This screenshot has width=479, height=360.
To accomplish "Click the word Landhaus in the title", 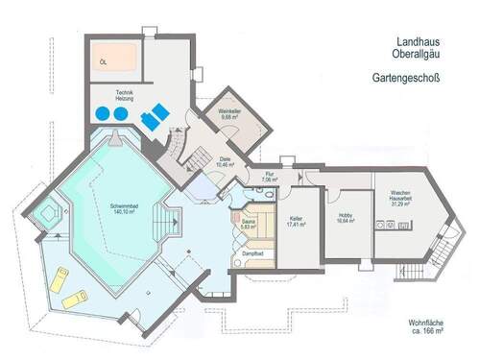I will (413, 42).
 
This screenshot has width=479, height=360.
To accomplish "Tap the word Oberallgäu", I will (415, 55).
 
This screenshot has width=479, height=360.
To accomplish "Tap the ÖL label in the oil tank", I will (103, 61).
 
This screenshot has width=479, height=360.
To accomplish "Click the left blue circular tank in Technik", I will (102, 113).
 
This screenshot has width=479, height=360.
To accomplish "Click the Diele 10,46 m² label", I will (224, 162).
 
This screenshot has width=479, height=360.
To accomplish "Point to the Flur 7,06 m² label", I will (269, 178).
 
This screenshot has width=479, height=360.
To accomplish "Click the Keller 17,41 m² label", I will (297, 222).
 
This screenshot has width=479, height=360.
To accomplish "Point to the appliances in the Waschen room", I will (394, 227).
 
